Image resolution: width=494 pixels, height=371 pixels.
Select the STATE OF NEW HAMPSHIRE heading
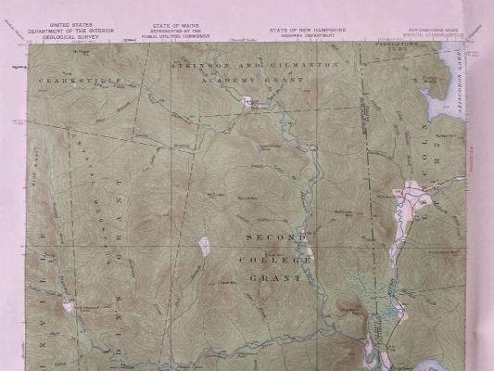coord(308,29)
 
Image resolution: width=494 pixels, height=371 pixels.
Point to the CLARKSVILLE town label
coord(67,82)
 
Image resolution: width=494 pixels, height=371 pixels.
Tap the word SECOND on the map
coord(275,237)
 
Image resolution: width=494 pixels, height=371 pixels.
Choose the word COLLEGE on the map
coord(275,260)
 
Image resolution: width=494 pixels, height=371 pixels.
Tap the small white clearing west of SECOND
coord(204,246)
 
